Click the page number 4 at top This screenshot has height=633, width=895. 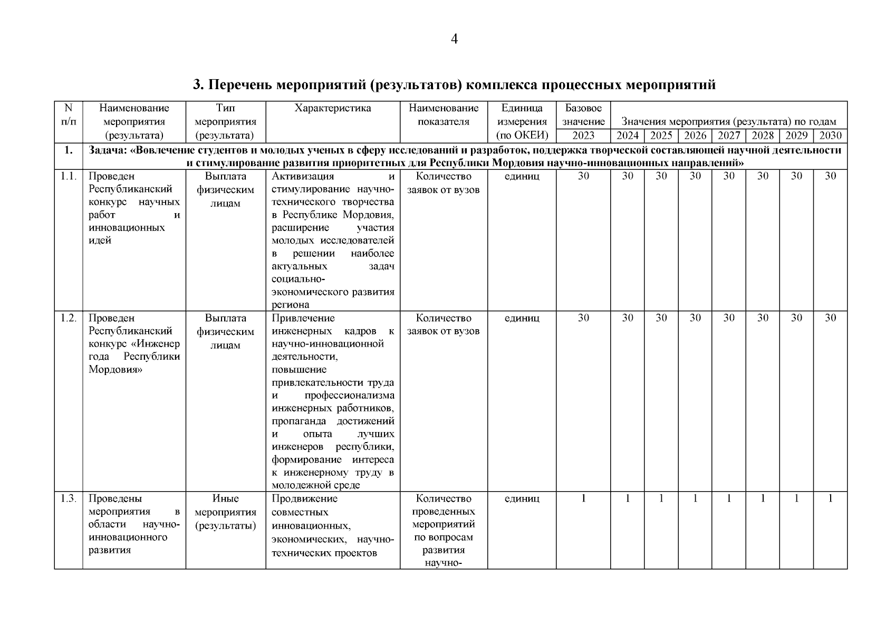click(454, 39)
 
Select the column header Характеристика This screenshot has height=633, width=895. click(332, 108)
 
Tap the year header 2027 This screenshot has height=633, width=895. click(728, 136)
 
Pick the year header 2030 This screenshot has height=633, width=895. click(830, 136)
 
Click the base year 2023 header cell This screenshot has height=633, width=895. click(583, 136)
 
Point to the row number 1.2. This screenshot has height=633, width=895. click(69, 318)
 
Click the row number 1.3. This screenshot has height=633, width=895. click(69, 498)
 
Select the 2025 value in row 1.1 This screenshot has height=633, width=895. click(661, 176)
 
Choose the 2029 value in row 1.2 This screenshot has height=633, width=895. click(796, 318)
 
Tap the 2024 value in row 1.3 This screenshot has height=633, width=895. click(627, 498)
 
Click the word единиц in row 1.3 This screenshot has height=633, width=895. click(522, 498)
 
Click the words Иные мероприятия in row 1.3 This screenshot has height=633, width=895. click(225, 505)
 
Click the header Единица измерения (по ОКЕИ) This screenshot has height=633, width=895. click(522, 122)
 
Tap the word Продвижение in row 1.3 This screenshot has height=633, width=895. click(304, 498)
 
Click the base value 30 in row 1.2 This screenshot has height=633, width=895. click(583, 318)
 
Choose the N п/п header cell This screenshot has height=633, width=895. click(68, 115)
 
